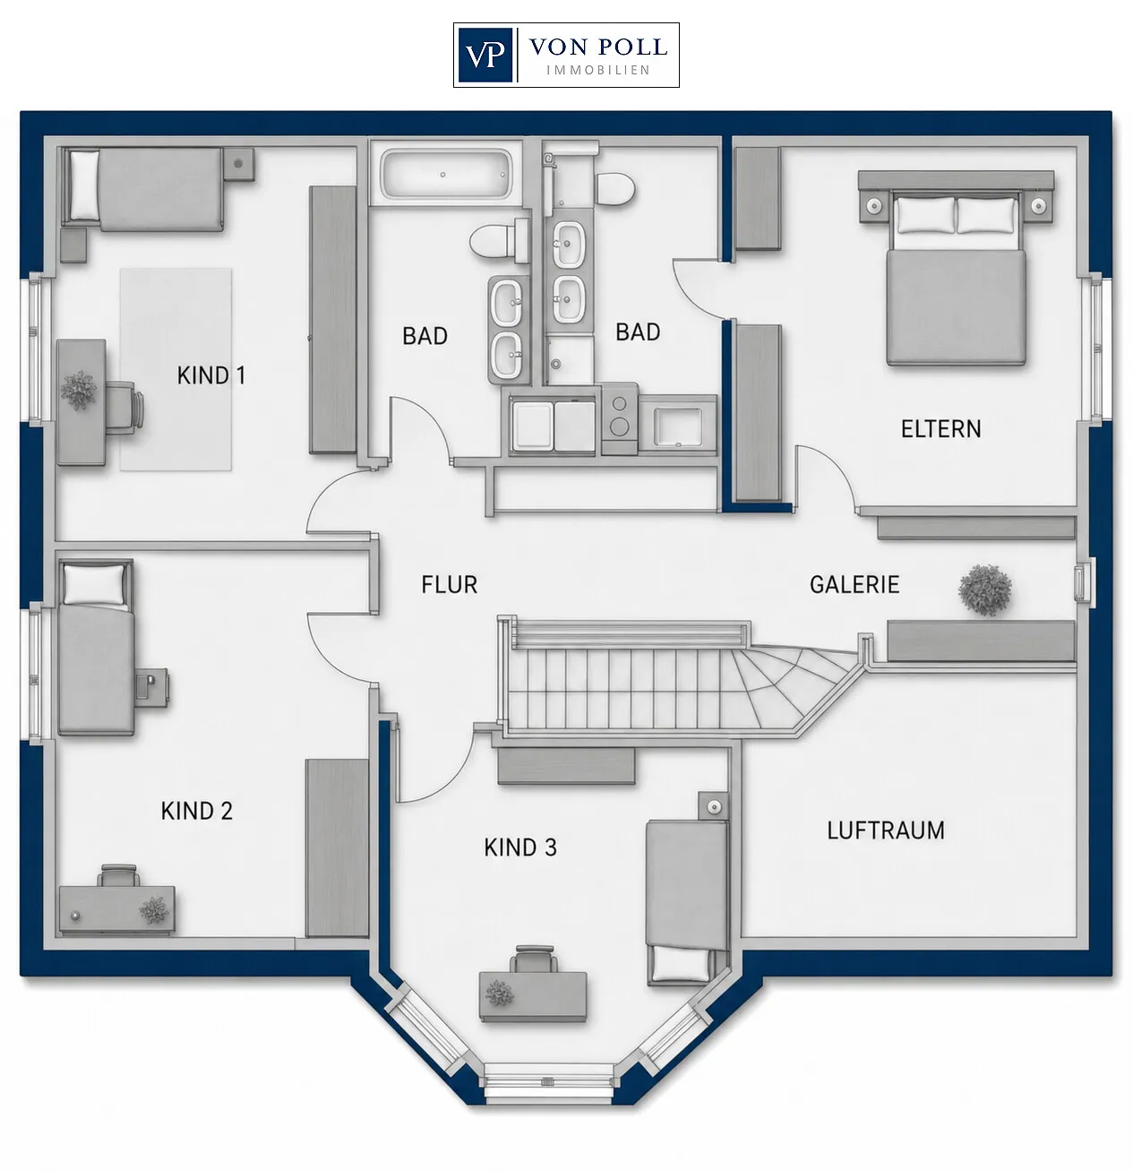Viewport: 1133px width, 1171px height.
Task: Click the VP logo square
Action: pos(485,55)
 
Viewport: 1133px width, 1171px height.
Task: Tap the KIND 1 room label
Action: pos(211,375)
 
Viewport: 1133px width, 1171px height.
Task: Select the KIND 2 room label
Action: pos(197,811)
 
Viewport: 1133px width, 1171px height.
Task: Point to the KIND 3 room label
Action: pos(520,848)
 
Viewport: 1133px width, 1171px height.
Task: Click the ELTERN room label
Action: pos(941,429)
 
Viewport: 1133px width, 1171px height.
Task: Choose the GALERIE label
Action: pos(854,584)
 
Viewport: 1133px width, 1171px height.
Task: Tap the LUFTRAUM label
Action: pos(886,831)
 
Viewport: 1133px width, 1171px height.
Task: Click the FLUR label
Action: pos(450,584)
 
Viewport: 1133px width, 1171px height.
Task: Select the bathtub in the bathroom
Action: pos(446,175)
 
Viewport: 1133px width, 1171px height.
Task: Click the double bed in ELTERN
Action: pos(956,271)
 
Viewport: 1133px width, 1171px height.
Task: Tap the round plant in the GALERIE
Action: pos(985,590)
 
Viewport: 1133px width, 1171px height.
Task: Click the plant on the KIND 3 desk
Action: pos(500,993)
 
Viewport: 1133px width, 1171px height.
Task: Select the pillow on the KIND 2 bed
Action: pos(94,583)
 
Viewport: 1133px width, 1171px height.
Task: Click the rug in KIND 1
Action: pos(176,369)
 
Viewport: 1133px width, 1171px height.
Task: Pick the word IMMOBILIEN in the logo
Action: pos(598,71)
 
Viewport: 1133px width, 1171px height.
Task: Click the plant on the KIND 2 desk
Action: pos(154,910)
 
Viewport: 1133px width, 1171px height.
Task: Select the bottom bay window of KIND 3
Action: pos(548,1081)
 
